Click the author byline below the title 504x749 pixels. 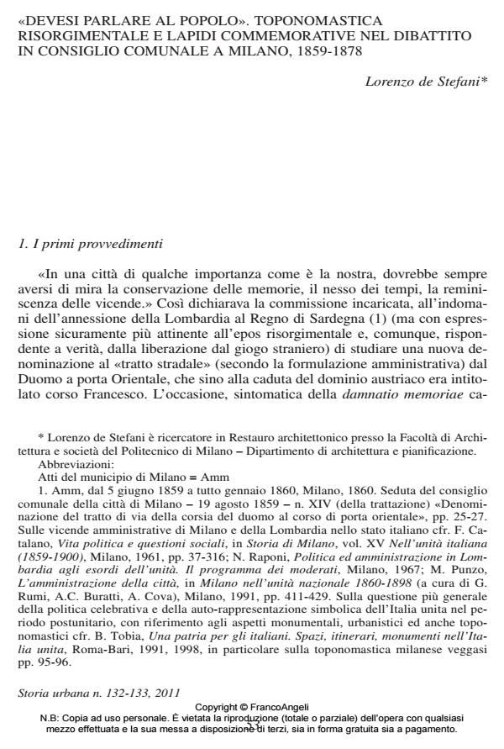pyautogui.click(x=424, y=82)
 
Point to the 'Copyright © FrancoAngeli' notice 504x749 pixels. pyautogui.click(x=251, y=708)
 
